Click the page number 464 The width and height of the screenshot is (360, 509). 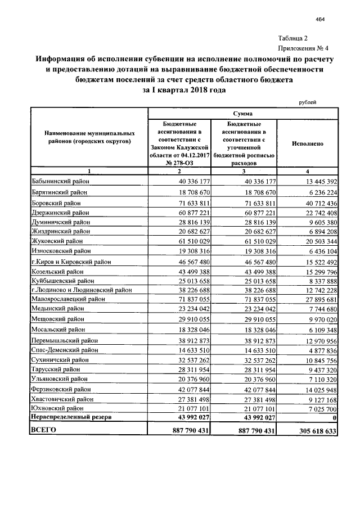pos(321,20)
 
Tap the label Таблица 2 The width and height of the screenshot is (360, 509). pos(294,38)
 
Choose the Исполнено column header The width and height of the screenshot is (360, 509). pos(308,143)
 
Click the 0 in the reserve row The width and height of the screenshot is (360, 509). pos(334,417)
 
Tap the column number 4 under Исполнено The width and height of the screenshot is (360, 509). pos(308,170)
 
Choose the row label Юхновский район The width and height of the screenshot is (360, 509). pos(58,408)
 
